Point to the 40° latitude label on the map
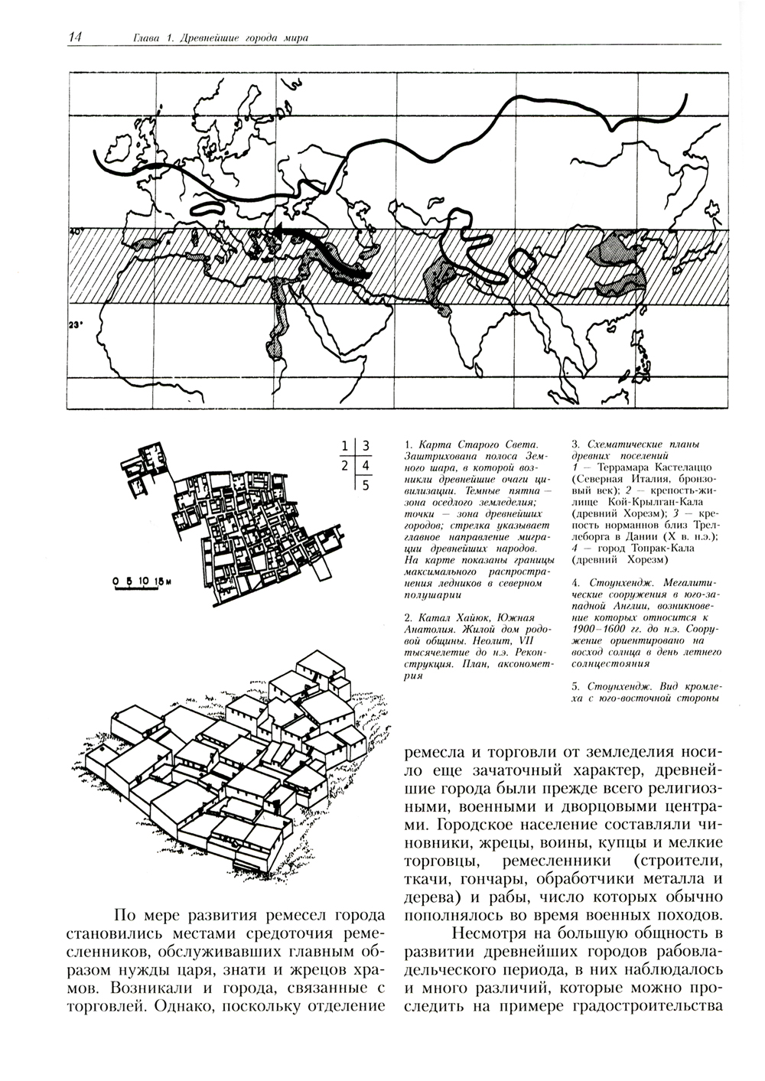pos(75,230)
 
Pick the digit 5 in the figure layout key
pos(365,484)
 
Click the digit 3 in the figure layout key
pos(366,446)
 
